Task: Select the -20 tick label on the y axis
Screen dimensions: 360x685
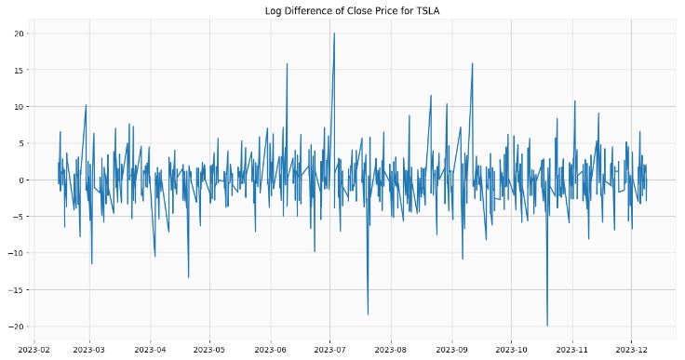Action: [x=15, y=327]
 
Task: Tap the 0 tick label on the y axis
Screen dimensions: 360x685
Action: [x=20, y=180]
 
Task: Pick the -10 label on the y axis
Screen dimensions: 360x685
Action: [x=15, y=253]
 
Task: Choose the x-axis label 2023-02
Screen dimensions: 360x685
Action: [x=34, y=350]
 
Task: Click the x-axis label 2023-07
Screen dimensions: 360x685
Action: [x=329, y=350]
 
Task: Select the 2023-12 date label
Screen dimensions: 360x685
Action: [x=632, y=350]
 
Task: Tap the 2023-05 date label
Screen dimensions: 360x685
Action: [x=209, y=350]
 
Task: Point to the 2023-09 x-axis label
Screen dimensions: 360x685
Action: [x=451, y=350]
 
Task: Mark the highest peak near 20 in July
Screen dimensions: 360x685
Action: [x=334, y=33]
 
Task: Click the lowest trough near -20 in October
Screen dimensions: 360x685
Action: [x=547, y=326]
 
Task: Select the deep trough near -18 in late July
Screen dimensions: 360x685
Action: [x=368, y=314]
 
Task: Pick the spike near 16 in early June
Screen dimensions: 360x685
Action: [x=287, y=63]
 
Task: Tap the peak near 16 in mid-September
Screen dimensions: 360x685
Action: [x=473, y=63]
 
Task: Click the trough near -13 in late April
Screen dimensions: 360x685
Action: [x=189, y=277]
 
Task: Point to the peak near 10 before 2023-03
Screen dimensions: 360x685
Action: [x=86, y=105]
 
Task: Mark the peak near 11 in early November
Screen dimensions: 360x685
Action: [x=574, y=100]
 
